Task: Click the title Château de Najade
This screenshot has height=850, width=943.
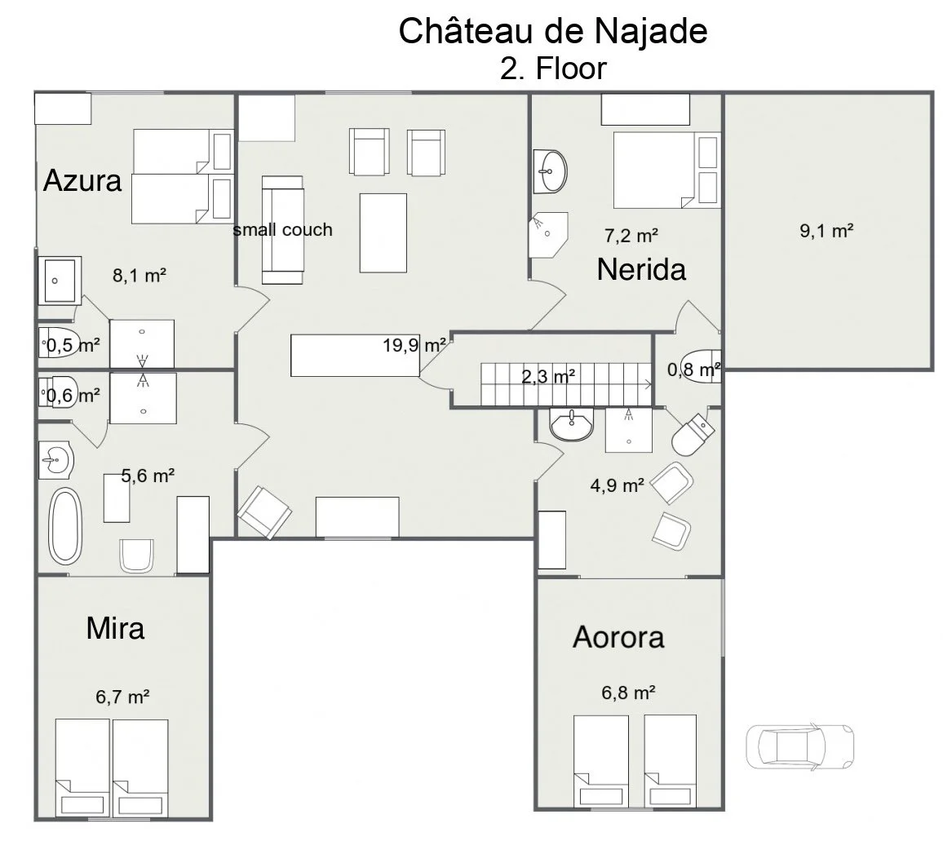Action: pyautogui.click(x=553, y=32)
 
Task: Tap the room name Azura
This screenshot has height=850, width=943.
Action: pyautogui.click(x=82, y=179)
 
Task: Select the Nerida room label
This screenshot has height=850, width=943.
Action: pyautogui.click(x=641, y=268)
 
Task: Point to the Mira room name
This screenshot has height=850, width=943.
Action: pyautogui.click(x=115, y=628)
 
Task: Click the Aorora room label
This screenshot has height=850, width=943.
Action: pyautogui.click(x=618, y=636)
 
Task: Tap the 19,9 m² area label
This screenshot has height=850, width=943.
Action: pyautogui.click(x=414, y=344)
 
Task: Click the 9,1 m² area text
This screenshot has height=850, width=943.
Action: pyautogui.click(x=826, y=231)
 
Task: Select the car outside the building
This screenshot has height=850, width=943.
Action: pyautogui.click(x=799, y=745)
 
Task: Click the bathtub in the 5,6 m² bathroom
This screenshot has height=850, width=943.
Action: pyautogui.click(x=65, y=526)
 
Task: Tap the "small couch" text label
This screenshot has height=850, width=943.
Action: pyautogui.click(x=283, y=230)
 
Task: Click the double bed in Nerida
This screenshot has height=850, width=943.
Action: pyautogui.click(x=665, y=169)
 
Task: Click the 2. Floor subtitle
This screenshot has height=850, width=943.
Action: pyautogui.click(x=553, y=69)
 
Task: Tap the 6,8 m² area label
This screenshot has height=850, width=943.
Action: pyautogui.click(x=629, y=693)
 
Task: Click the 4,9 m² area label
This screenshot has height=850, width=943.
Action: pyautogui.click(x=618, y=485)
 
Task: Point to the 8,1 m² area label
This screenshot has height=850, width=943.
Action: pyautogui.click(x=139, y=276)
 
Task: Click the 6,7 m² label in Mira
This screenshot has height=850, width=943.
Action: pyautogui.click(x=122, y=697)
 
